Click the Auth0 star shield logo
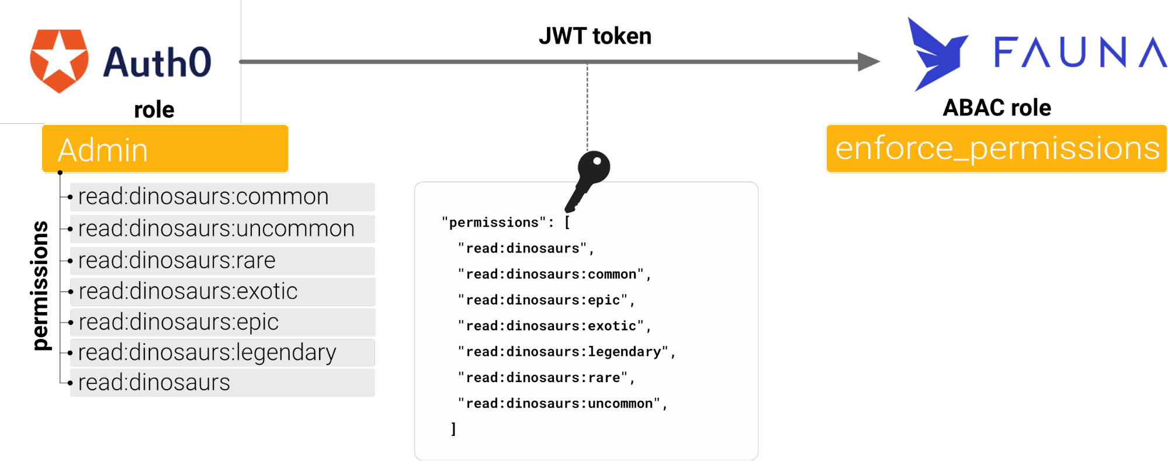(59, 61)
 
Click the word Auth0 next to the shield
(157, 63)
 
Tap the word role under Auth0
(154, 110)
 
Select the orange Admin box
(165, 149)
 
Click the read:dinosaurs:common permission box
(222, 197)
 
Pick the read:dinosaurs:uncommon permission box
(222, 228)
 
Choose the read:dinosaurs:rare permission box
(222, 260)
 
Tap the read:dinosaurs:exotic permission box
(222, 291)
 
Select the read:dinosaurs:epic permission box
(222, 322)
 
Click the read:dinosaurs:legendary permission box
(222, 352)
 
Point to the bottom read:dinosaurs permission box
(222, 383)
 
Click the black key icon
(589, 179)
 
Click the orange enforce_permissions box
(996, 148)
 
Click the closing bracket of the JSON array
(453, 429)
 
